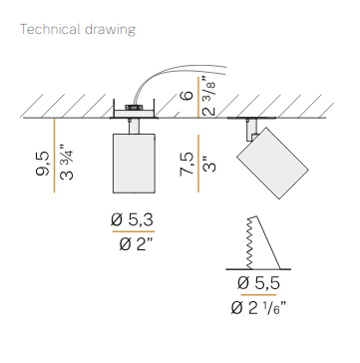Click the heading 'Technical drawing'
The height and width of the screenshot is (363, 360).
pos(78,30)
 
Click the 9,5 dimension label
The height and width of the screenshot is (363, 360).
pos(42,164)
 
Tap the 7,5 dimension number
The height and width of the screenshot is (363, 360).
pos(186,164)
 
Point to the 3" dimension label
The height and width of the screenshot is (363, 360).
pos(209,164)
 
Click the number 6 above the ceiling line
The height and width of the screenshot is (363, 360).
pos(187,95)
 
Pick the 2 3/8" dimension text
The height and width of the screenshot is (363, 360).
pos(209,97)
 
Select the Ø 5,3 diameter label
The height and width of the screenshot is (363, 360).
pos(133,220)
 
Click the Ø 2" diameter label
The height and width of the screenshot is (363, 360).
pos(136,245)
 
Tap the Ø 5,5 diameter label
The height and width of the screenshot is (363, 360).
pos(259,283)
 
